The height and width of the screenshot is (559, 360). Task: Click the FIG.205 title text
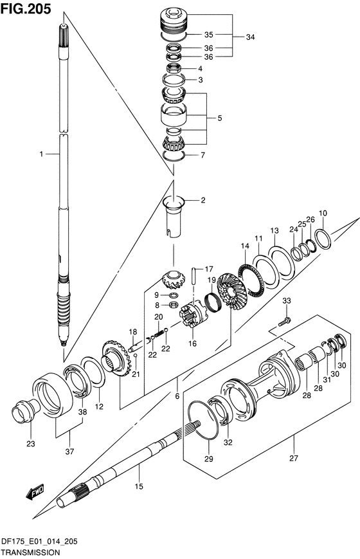pos(26,8)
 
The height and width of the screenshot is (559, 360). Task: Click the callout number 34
pos(250,37)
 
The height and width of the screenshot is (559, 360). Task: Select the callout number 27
pos(293,458)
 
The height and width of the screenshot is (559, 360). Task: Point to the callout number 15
pos(139,486)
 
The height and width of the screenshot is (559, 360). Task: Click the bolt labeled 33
pos(284,321)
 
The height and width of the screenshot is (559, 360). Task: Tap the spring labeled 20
pos(159,333)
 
